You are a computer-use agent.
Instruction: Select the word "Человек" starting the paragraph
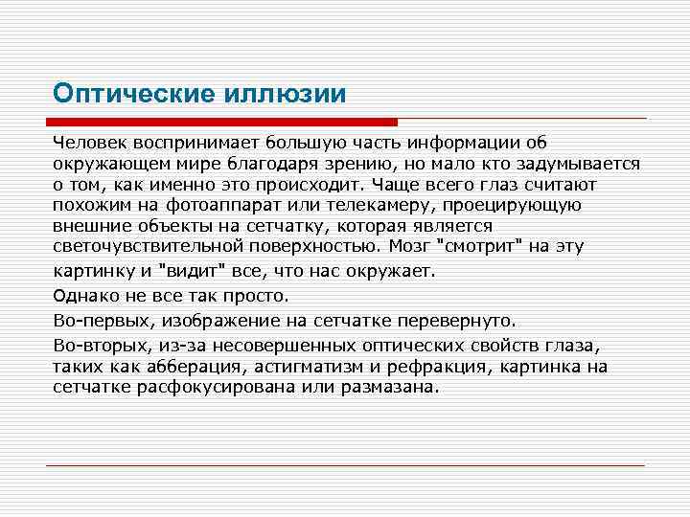pyautogui.click(x=86, y=143)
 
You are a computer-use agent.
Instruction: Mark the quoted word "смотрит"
pyautogui.click(x=480, y=246)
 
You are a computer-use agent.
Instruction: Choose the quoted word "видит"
pyautogui.click(x=192, y=271)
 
